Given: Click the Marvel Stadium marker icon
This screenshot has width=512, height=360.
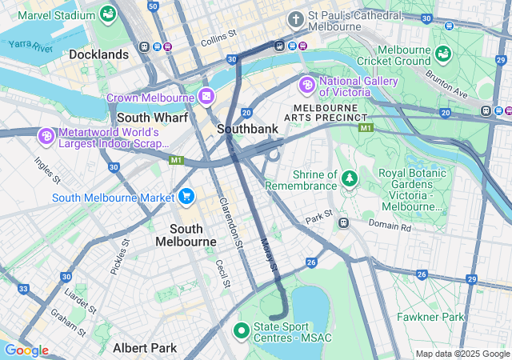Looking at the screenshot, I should [107, 14].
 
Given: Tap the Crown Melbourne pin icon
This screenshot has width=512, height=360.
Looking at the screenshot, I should [206, 97].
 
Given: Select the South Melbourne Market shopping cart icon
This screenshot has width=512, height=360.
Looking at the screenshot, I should [186, 197].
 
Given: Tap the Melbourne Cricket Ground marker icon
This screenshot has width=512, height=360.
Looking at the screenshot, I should [443, 54].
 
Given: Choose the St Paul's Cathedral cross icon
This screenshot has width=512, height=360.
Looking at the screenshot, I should [296, 18].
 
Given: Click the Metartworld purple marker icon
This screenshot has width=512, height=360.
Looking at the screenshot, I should [46, 137].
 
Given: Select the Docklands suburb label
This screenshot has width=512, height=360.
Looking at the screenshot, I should [99, 54].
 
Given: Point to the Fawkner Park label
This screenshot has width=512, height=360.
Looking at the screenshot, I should [430, 317].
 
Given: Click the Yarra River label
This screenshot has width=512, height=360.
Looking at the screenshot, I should [30, 47].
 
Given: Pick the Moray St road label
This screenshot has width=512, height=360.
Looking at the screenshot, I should [269, 254].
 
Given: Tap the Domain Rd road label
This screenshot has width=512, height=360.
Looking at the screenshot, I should [389, 227].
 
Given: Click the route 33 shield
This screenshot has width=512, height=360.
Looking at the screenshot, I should [24, 289].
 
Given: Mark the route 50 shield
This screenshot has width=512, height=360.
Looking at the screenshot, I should [152, 6].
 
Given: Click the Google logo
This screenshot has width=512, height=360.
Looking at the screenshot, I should [26, 350].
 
